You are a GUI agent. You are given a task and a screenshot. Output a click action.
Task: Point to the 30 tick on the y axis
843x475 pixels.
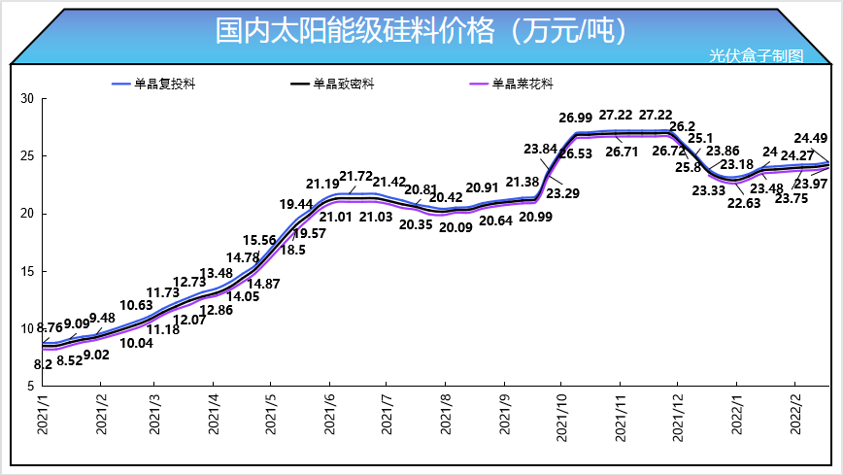pyautogui.click(x=27, y=99)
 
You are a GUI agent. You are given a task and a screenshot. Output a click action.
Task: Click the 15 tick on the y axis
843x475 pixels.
pyautogui.click(x=27, y=270)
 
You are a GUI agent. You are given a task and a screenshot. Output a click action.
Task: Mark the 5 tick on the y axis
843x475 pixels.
pyautogui.click(x=31, y=385)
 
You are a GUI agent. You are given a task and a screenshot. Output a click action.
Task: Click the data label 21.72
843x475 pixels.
pyautogui.click(x=358, y=176)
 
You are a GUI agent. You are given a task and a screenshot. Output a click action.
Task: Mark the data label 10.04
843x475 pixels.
pyautogui.click(x=137, y=343)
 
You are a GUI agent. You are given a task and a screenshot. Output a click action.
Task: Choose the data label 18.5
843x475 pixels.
pyautogui.click(x=293, y=250)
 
